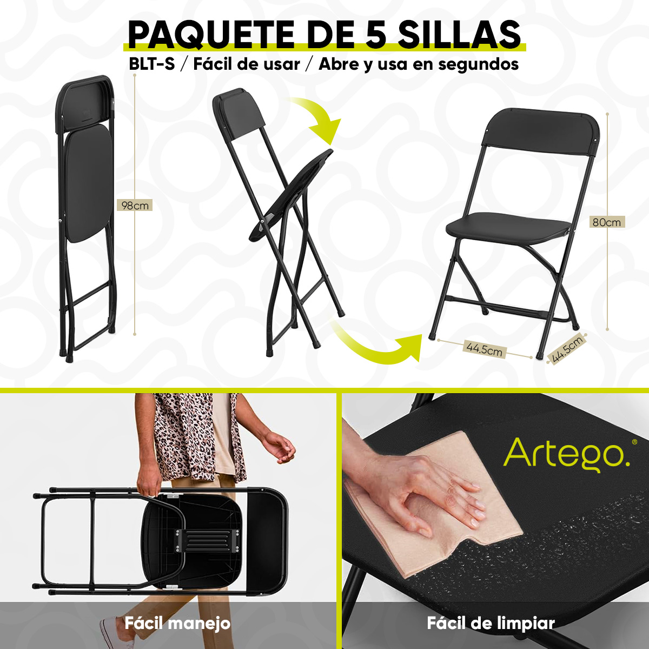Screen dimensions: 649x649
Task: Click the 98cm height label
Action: [135, 206]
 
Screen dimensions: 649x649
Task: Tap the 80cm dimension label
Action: [607, 222]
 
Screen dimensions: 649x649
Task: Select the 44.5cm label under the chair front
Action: [485, 349]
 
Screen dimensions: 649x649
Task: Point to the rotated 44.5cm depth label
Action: [567, 349]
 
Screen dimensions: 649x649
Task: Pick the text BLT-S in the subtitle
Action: [152, 64]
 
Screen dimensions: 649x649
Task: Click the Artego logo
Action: [567, 454]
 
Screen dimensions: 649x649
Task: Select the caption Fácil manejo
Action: [177, 623]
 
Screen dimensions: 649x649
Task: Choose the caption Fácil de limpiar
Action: [491, 623]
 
